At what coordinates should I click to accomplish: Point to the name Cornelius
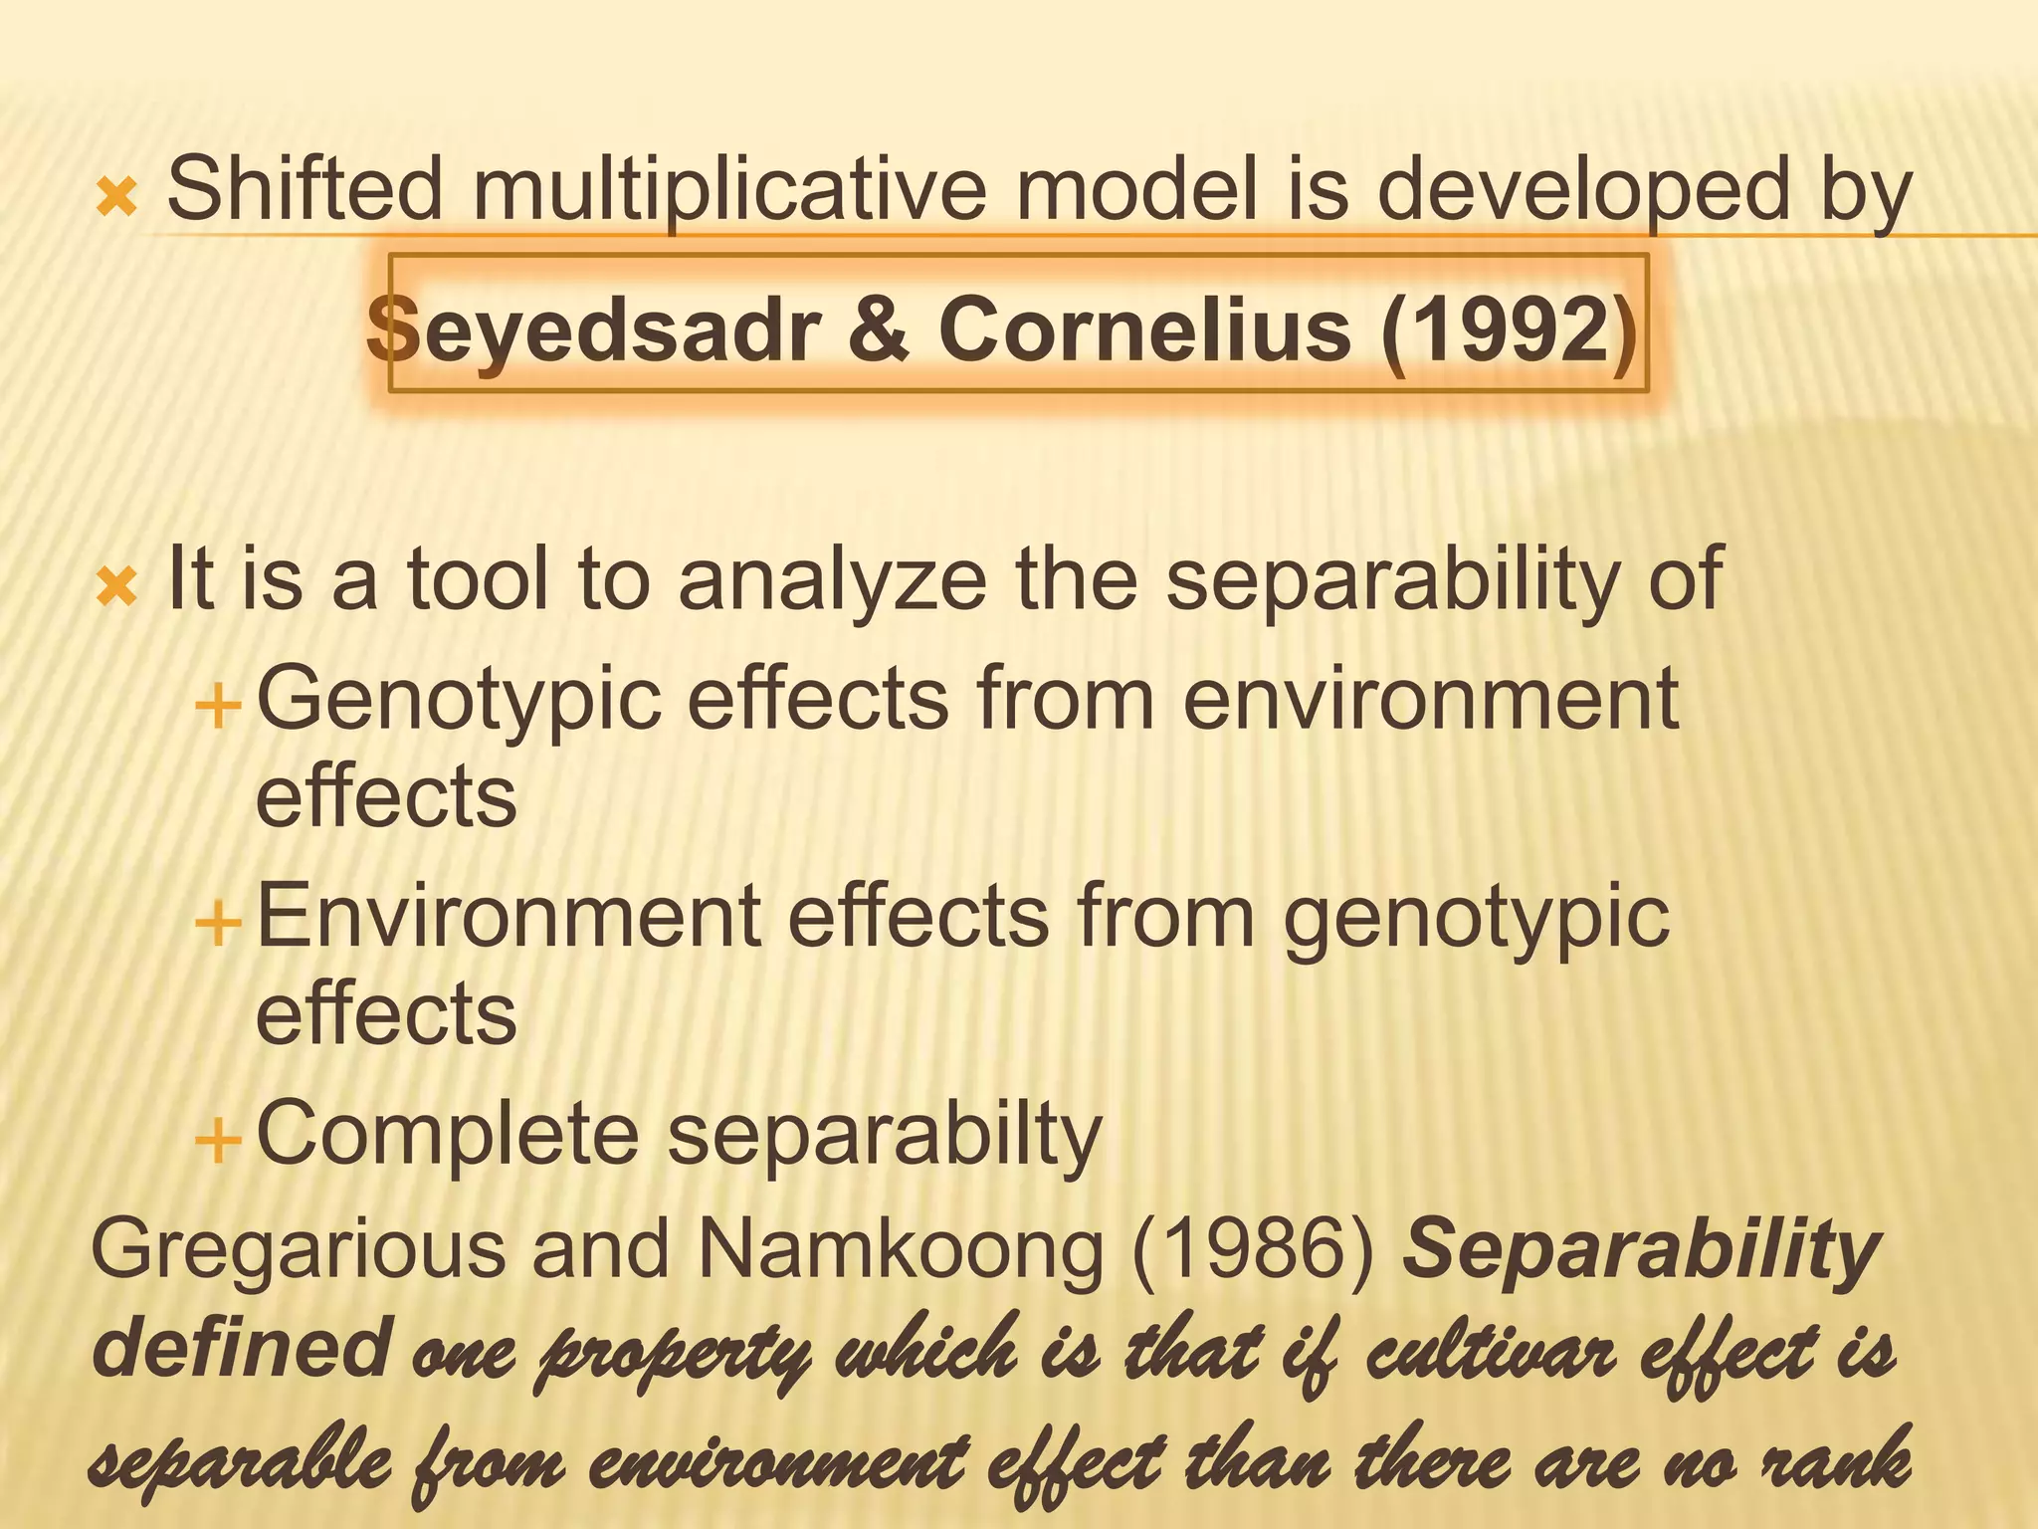1144,328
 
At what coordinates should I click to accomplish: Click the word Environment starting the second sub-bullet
509,917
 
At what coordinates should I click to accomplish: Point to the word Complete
448,1134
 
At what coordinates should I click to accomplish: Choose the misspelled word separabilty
885,1136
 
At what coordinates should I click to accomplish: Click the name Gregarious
299,1249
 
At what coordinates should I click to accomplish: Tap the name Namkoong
902,1249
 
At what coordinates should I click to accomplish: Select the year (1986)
1255,1249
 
